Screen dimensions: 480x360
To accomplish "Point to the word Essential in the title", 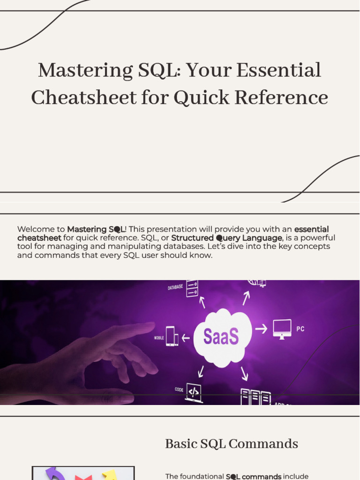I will point(279,71).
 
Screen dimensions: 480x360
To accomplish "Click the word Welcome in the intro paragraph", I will point(34,229).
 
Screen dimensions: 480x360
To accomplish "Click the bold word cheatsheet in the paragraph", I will point(39,238).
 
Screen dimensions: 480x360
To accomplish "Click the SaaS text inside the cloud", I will point(221,336).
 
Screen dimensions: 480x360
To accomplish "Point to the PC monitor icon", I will point(282,328).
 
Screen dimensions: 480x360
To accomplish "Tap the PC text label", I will point(300,329).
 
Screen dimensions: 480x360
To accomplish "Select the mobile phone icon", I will point(172,337).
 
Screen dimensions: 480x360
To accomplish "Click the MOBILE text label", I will point(159,337).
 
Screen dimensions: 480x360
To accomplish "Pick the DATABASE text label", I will point(175,287).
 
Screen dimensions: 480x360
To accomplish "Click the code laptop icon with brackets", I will point(194,392).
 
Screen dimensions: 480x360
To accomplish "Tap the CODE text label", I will point(179,390).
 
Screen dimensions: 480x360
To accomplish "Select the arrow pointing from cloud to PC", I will point(261,329).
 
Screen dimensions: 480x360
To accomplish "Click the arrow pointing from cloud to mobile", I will point(186,337).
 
